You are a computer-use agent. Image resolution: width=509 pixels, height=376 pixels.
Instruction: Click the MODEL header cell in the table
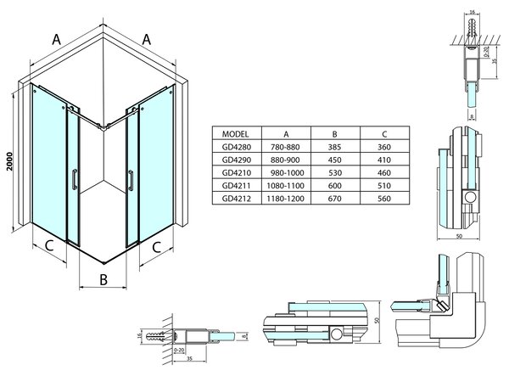(x=235, y=134)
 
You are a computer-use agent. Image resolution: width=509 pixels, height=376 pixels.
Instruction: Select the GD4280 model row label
(x=237, y=147)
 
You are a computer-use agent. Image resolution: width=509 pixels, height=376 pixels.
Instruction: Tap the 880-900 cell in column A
(x=285, y=160)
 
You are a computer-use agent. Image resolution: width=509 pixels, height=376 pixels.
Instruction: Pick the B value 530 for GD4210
(x=335, y=173)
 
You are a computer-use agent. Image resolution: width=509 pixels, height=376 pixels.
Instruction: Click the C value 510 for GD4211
(x=384, y=186)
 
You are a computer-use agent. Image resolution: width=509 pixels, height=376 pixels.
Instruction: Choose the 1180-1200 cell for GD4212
(x=285, y=199)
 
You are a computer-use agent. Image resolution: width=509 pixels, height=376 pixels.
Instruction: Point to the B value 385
(x=335, y=147)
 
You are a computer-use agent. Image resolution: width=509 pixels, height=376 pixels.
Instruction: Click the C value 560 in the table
(x=384, y=199)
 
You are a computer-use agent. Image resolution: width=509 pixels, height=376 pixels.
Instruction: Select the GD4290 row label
(x=237, y=160)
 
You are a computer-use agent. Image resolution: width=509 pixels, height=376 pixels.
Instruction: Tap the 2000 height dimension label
(x=9, y=161)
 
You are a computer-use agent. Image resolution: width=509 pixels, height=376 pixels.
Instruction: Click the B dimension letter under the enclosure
(x=103, y=279)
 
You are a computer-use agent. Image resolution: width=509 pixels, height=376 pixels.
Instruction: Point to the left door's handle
(x=75, y=179)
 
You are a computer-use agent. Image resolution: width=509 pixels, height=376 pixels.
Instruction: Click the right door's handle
(x=131, y=180)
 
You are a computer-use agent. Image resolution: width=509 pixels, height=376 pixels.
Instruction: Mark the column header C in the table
(x=384, y=134)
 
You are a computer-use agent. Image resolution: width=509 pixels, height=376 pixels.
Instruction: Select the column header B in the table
(x=335, y=134)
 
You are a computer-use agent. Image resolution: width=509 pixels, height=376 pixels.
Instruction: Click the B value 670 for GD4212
(x=335, y=199)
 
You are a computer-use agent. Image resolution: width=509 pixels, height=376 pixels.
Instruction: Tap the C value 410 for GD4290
(x=384, y=160)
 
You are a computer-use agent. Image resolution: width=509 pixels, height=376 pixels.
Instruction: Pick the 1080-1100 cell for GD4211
(x=285, y=186)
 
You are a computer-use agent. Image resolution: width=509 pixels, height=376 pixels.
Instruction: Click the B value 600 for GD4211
(x=335, y=186)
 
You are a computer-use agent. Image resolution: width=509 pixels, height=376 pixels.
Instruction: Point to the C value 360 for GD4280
(x=384, y=147)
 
